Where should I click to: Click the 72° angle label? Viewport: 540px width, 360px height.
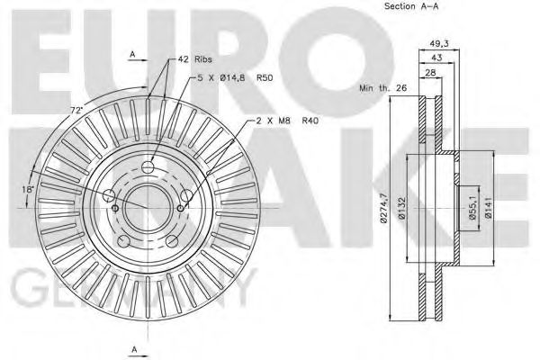(77, 110)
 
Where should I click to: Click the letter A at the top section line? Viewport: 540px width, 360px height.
(132, 56)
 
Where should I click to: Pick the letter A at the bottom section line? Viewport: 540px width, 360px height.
(132, 347)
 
